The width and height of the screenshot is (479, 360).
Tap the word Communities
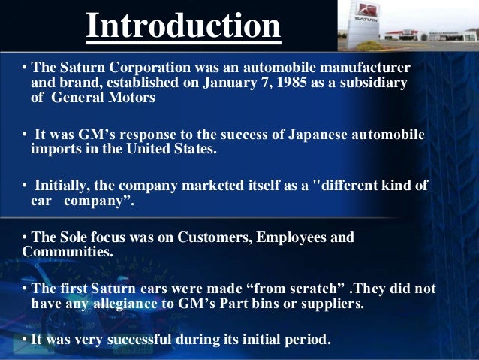(x=67, y=252)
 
